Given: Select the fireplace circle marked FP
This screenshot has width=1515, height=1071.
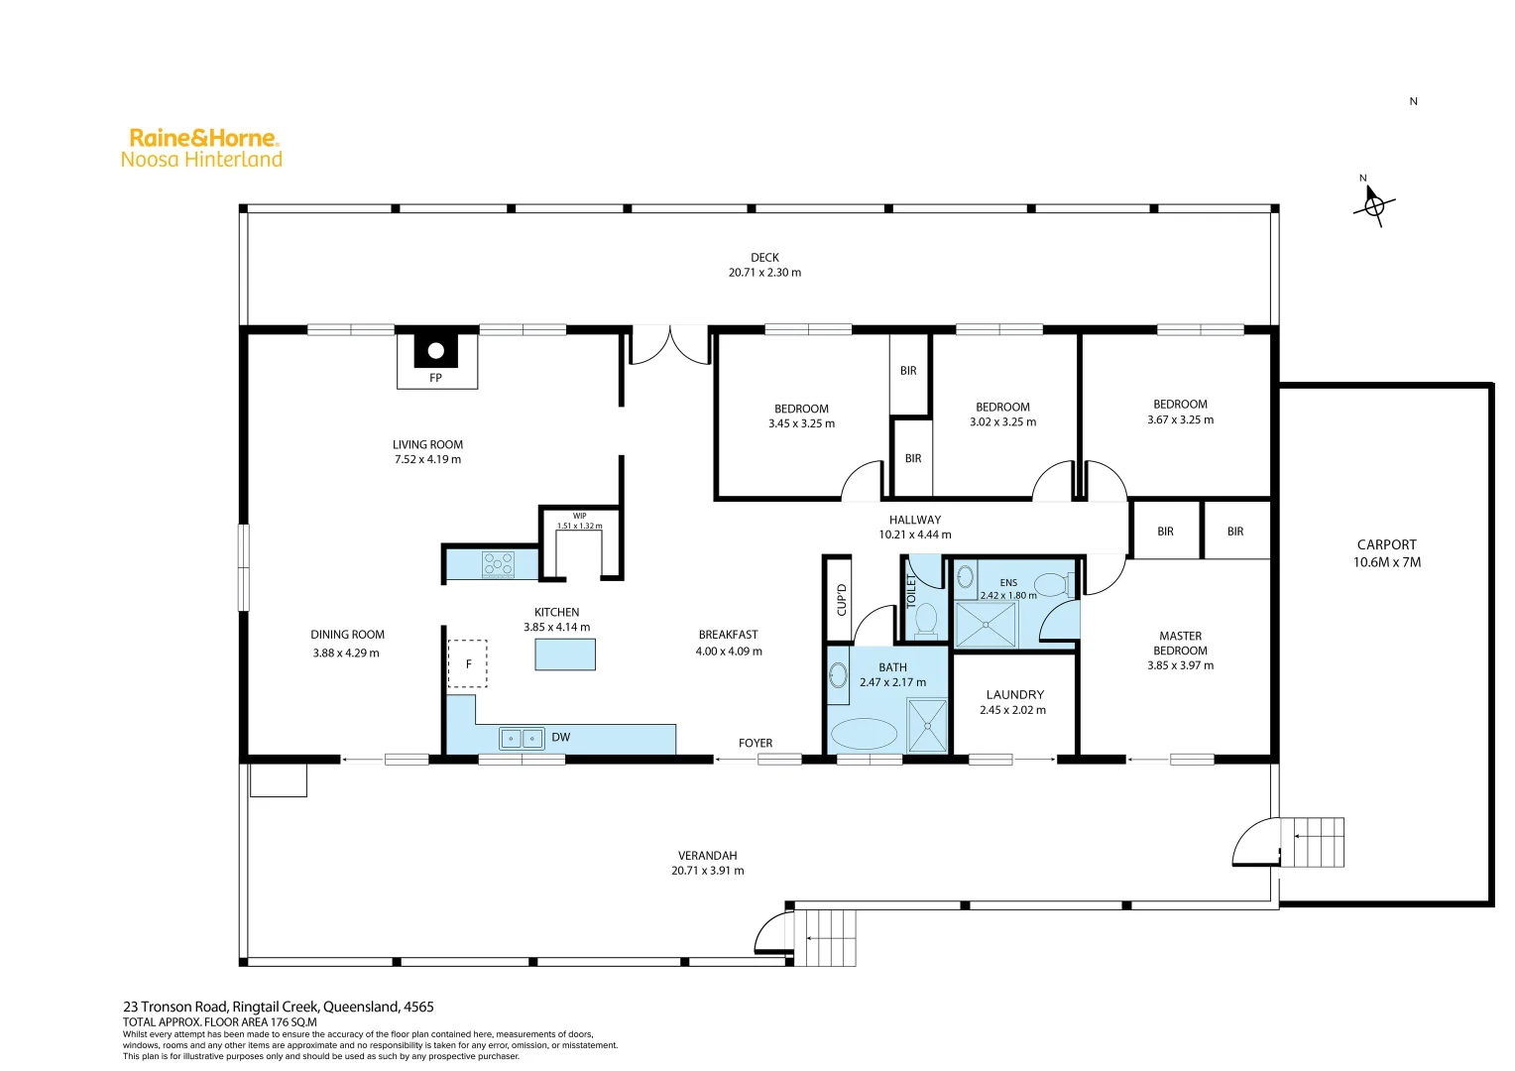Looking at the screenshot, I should [x=435, y=351].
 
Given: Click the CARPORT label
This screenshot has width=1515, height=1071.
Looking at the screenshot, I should [x=1386, y=544].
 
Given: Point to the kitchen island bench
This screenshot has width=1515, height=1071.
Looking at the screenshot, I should [x=565, y=654].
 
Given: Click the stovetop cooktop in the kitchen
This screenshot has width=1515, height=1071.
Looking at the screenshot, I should [x=498, y=564].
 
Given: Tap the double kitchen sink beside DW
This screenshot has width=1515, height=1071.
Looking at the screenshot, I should [x=522, y=738].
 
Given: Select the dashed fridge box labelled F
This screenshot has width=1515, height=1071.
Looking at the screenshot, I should [x=468, y=663].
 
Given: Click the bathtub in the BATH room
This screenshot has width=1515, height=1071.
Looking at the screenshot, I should [x=864, y=735].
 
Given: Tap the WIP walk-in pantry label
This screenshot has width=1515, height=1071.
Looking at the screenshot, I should [x=579, y=516].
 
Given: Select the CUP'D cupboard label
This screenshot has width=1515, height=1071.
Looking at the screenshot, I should [x=841, y=600].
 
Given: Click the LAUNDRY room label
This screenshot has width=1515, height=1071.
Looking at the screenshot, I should [x=1014, y=694].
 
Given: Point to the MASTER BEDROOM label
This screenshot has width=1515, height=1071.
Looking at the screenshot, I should [x=1180, y=644].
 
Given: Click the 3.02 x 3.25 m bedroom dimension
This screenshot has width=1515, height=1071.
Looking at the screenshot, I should [x=1002, y=422].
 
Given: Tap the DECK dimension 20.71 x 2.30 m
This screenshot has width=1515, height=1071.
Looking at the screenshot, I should [x=764, y=273].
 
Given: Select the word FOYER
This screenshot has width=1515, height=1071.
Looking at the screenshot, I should [x=756, y=743].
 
